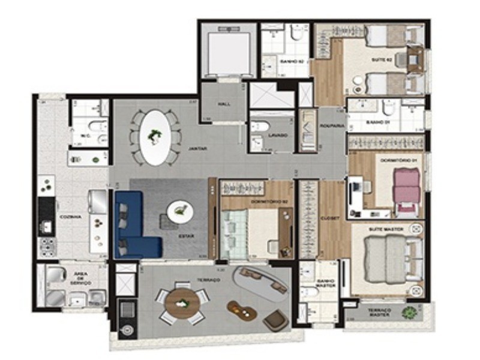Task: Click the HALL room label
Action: (224, 104)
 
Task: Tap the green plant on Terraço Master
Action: (410, 313)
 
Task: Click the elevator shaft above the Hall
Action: (226, 51)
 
